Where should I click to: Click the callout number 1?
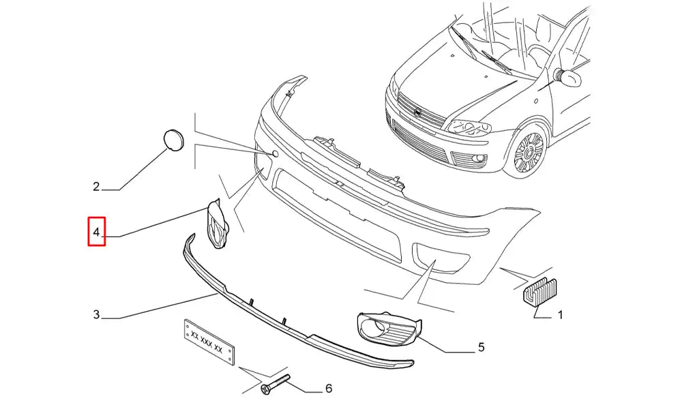(x=560, y=314)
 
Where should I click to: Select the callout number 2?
(x=96, y=187)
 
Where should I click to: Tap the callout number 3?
(x=96, y=314)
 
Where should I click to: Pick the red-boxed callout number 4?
(x=96, y=232)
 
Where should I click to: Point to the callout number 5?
(x=481, y=347)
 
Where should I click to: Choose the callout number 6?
(x=329, y=388)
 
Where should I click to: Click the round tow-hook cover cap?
(x=173, y=140)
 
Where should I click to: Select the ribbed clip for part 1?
(x=539, y=290)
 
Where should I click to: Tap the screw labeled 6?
(x=275, y=384)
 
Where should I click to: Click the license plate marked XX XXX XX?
(x=209, y=342)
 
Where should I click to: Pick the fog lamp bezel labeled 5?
(x=389, y=329)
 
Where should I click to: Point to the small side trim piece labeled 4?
(x=217, y=224)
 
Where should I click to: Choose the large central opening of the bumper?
(x=337, y=213)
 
